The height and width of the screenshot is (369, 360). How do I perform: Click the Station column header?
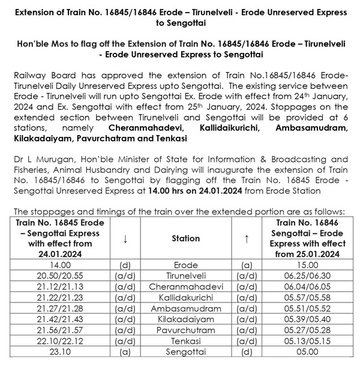click(185, 238)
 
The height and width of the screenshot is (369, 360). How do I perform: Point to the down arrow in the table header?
click(125, 238)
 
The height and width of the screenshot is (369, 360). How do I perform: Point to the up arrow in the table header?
click(247, 238)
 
